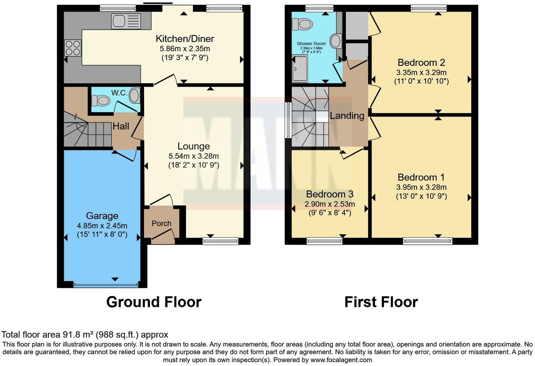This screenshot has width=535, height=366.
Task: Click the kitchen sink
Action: pyautogui.click(x=126, y=21)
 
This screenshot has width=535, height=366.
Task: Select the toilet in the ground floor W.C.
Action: pyautogui.click(x=101, y=101)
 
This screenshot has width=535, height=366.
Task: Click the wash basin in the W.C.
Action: pyautogui.click(x=134, y=96)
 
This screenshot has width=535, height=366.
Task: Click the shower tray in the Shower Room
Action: pyautogui.click(x=300, y=68)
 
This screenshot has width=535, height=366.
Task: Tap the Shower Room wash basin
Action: pyautogui.click(x=336, y=41)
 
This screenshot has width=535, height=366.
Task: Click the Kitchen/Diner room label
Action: pyautogui.click(x=185, y=39)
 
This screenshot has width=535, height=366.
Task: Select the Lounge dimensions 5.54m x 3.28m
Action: pyautogui.click(x=194, y=156)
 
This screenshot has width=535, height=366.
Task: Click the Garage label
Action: pyautogui.click(x=102, y=216)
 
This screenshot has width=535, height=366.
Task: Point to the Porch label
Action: pyautogui.click(x=162, y=223)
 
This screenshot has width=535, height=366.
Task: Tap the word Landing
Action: pyautogui.click(x=347, y=116)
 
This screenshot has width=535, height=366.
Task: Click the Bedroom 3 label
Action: pyautogui.click(x=329, y=194)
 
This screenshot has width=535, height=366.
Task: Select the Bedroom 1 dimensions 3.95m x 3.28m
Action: pyautogui.click(x=421, y=187)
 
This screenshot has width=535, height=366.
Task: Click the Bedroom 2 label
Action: pyautogui.click(x=421, y=63)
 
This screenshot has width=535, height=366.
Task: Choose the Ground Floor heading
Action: pyautogui.click(x=154, y=302)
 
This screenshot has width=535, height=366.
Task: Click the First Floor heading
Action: pyautogui.click(x=381, y=302)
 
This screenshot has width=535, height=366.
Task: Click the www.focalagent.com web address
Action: pyautogui.click(x=341, y=360)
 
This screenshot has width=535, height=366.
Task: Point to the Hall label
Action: pyautogui.click(x=121, y=126)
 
